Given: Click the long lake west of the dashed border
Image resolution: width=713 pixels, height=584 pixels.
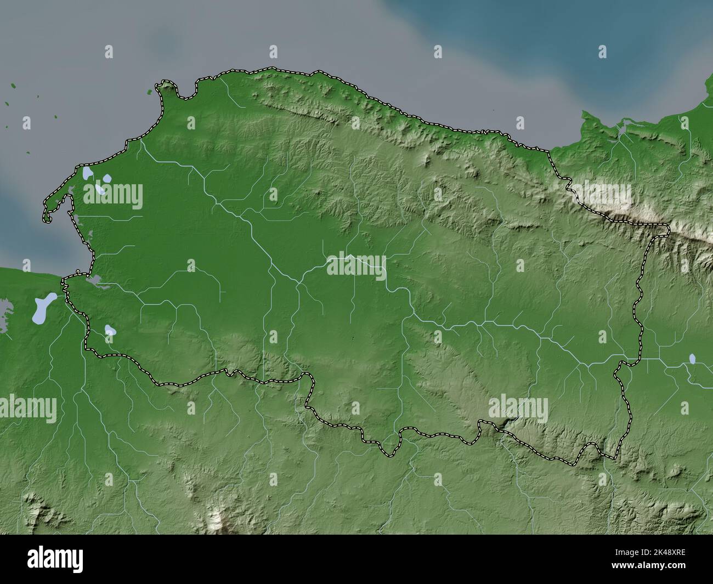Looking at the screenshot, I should coord(42,309).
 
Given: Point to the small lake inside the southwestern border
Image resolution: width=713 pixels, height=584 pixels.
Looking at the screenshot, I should coord(110,330).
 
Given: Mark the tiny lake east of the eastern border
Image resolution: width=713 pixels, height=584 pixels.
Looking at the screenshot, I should coord(692,359).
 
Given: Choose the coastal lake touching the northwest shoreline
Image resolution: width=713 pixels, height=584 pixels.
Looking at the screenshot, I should coord(87,174).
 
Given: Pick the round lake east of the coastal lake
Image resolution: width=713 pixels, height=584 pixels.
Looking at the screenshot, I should coord(107,178).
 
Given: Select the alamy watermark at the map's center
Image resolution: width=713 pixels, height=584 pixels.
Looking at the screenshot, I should coord(356,267).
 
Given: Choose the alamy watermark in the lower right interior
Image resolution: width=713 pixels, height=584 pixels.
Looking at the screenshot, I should coord(518,409).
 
